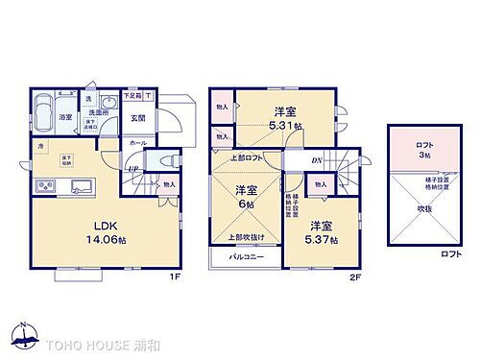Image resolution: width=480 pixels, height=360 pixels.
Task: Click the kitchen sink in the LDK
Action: [x=79, y=184]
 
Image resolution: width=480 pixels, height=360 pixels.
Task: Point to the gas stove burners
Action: [x=46, y=184]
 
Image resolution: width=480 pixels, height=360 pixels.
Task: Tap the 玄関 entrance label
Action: [x=136, y=119]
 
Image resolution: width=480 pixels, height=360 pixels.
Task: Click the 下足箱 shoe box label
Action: [x=132, y=96]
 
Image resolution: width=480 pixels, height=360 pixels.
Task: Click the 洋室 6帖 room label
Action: [x=246, y=197]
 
